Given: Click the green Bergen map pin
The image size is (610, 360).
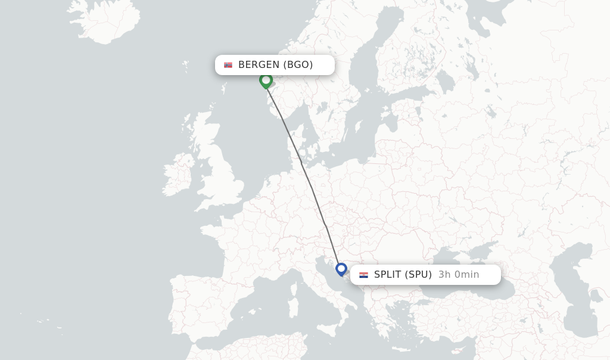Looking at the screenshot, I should tap(266, 80).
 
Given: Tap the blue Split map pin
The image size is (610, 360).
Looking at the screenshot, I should tap(341, 269).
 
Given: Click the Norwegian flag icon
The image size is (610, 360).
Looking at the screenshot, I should tap(228, 65).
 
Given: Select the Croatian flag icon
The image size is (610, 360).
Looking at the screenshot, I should tap(363, 275).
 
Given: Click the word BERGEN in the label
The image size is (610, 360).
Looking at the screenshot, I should tap(259, 65).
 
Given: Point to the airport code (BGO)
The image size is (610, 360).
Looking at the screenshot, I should tap(298, 65).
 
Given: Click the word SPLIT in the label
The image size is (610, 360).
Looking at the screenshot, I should tap(388, 275).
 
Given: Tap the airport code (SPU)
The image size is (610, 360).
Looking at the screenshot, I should tap(418, 275).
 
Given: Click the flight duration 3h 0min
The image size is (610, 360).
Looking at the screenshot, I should tap(459, 275).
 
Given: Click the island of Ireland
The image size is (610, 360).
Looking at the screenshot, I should tap(178, 175).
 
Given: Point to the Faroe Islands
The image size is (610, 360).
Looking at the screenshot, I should tap(186, 63).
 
